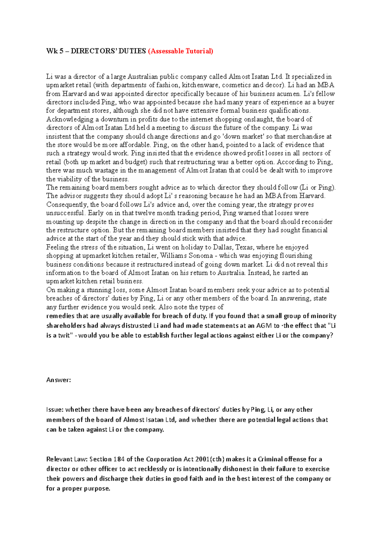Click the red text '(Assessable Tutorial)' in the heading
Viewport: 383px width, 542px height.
(x=180, y=51)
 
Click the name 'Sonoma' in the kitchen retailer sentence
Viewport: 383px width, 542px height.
(x=200, y=256)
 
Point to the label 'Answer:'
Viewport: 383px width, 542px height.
(x=58, y=380)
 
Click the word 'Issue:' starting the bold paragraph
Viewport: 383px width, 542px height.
(x=55, y=410)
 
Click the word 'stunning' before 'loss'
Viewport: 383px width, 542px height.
(x=97, y=290)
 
